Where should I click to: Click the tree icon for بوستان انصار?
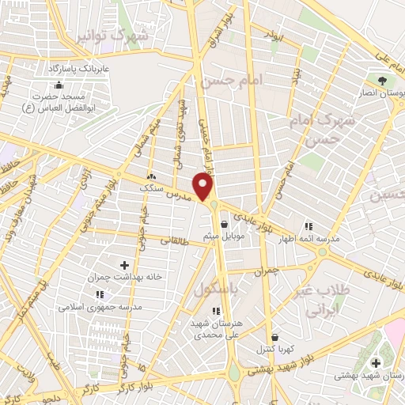[384, 81]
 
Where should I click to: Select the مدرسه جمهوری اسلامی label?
[102, 306]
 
